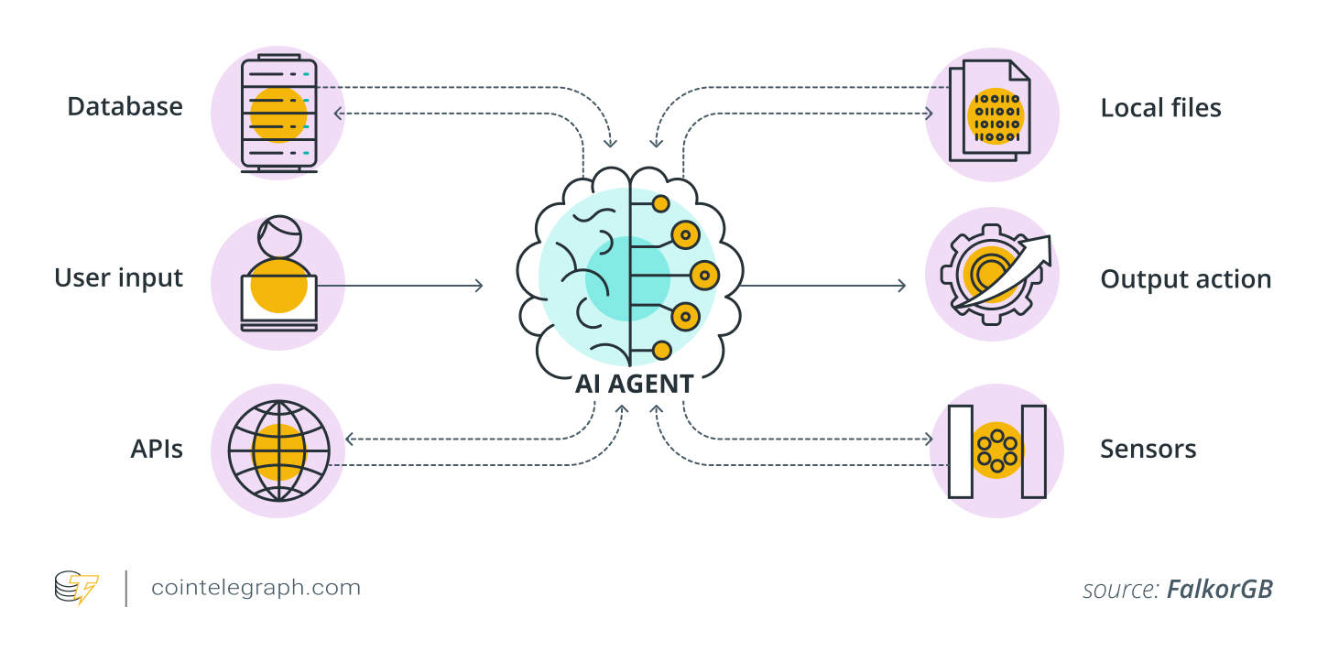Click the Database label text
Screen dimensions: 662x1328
coord(125,107)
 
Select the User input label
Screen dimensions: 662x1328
coord(119,277)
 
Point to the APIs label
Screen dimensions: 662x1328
coord(157,450)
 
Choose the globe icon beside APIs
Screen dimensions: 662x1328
coord(278,451)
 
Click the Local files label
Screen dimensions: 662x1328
coord(1160,108)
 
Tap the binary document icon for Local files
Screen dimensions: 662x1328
coord(993,112)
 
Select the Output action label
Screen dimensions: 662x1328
coord(1185,279)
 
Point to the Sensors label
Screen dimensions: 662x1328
coord(1148,450)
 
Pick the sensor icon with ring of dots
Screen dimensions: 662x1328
coord(996,450)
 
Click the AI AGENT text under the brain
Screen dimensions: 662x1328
coord(634,384)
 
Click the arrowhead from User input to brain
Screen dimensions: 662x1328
coord(477,286)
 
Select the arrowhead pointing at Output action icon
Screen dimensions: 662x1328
coord(901,286)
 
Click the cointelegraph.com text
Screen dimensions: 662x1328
coord(256,588)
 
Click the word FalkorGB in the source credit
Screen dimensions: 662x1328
coord(1219,590)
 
